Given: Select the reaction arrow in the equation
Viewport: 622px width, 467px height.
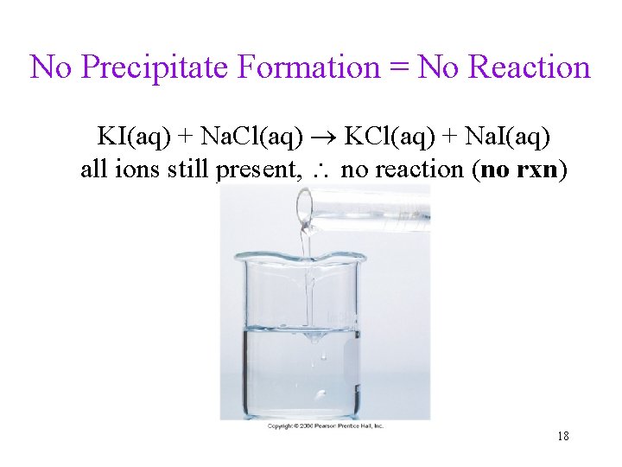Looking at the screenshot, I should (324, 137).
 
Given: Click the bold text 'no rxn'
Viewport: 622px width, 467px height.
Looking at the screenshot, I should (519, 169).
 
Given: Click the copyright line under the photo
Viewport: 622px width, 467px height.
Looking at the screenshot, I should (325, 425).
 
